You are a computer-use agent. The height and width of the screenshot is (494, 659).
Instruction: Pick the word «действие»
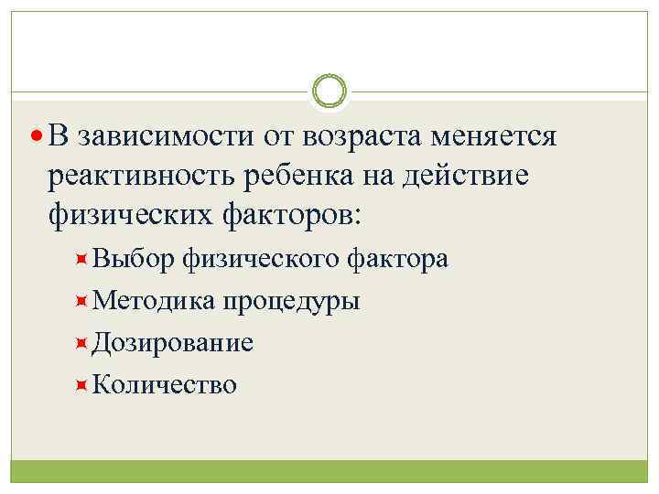click(475, 176)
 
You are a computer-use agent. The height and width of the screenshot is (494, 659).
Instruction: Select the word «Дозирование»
click(173, 343)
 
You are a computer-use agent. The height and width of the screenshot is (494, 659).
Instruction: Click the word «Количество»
click(165, 384)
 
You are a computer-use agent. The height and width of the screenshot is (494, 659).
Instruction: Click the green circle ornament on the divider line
click(329, 91)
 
